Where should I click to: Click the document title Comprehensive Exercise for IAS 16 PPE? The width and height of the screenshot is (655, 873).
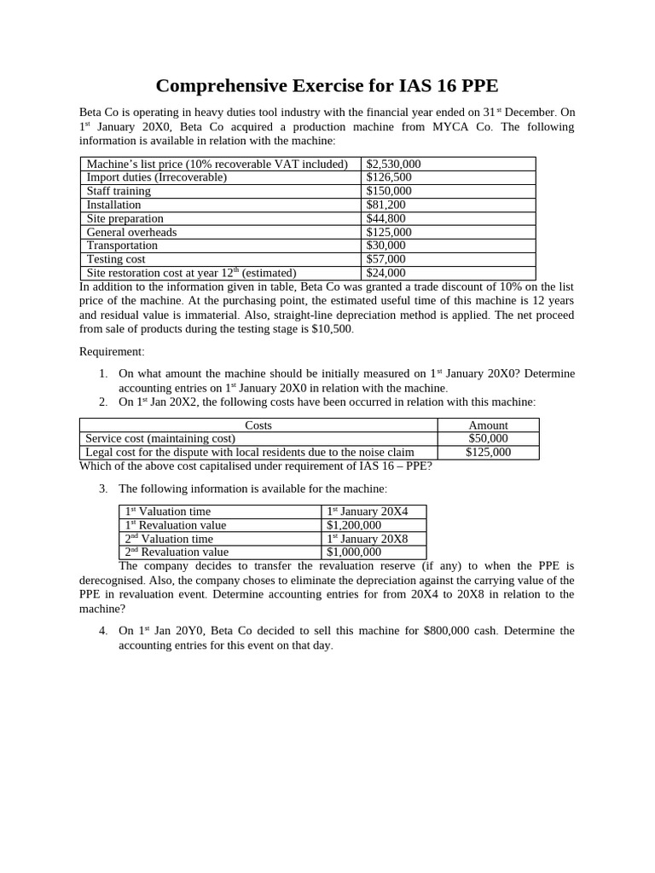pyautogui.click(x=327, y=86)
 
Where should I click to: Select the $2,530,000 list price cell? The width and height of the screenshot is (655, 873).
pyautogui.click(x=393, y=164)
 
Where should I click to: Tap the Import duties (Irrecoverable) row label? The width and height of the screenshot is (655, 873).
pyautogui.click(x=157, y=177)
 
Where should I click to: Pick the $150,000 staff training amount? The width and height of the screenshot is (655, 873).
pyautogui.click(x=389, y=191)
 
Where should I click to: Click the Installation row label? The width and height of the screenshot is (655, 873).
pyautogui.click(x=114, y=205)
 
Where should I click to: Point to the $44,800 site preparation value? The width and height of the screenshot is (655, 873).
pyautogui.click(x=385, y=218)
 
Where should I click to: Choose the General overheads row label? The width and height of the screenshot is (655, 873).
pyautogui.click(x=132, y=232)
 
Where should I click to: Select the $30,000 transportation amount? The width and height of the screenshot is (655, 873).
pyautogui.click(x=385, y=246)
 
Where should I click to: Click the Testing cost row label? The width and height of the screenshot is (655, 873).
pyautogui.click(x=116, y=259)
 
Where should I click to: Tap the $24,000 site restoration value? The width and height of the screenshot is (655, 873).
pyautogui.click(x=385, y=273)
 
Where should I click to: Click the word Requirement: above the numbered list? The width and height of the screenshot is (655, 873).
pyautogui.click(x=113, y=351)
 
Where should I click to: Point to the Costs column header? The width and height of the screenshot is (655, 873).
pyautogui.click(x=258, y=425)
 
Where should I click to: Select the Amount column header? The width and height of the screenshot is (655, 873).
pyautogui.click(x=488, y=425)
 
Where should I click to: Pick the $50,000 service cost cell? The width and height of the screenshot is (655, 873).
pyautogui.click(x=488, y=438)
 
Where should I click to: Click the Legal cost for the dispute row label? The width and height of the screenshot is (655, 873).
pyautogui.click(x=250, y=452)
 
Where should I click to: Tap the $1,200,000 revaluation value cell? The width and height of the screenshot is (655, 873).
pyautogui.click(x=354, y=525)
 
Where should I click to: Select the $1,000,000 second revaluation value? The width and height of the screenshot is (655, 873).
pyautogui.click(x=354, y=552)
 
